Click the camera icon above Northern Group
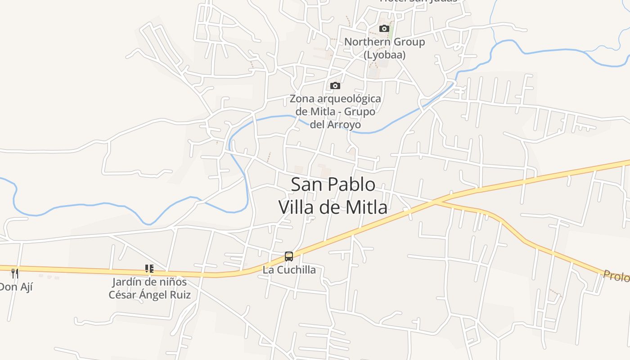[384, 29]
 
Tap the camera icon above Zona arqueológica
[335, 86]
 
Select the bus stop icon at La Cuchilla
[289, 256]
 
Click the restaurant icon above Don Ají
[15, 273]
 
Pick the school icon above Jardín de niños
[149, 269]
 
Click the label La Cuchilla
[289, 270]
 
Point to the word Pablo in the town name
[351, 184]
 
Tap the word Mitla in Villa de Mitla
[364, 207]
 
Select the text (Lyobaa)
[384, 55]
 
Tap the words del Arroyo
[335, 124]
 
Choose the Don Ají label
[16, 287]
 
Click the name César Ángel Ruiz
[149, 295]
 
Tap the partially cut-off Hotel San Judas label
[418, 1]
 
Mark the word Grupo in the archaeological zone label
[358, 112]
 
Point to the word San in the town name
[306, 184]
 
